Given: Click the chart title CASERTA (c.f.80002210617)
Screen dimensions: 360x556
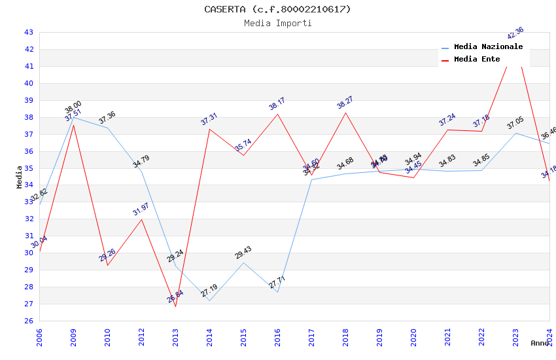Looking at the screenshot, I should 277,9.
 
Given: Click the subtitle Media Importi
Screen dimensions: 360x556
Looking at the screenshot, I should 277,23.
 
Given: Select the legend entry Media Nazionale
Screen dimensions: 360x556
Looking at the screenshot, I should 488,46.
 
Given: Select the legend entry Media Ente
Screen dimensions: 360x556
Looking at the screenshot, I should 477,59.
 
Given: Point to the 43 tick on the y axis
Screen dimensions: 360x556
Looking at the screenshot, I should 29,32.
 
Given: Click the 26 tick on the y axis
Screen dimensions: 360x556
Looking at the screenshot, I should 29,321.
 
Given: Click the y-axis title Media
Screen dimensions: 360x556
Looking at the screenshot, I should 20,177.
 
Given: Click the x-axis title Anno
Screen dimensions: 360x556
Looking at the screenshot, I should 540,343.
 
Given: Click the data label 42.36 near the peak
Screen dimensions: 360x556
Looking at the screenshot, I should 515,33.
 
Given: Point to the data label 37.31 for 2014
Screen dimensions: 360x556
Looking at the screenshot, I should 209,119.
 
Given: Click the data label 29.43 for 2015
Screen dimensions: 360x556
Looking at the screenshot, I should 243,253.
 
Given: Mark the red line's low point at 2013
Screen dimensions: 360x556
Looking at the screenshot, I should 175,306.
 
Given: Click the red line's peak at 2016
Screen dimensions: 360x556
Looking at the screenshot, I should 277,114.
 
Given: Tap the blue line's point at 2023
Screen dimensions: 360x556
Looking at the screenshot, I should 515,133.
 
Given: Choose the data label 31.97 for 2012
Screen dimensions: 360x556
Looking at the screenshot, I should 141,209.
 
